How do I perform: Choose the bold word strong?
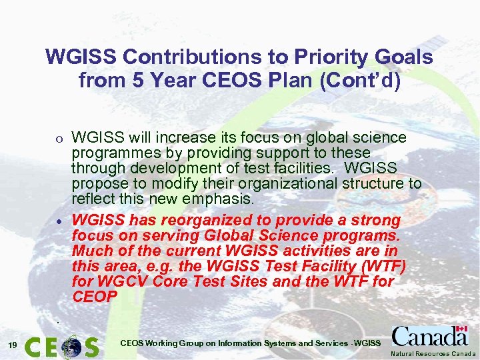point(377,220)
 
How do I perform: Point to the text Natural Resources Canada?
point(433,353)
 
